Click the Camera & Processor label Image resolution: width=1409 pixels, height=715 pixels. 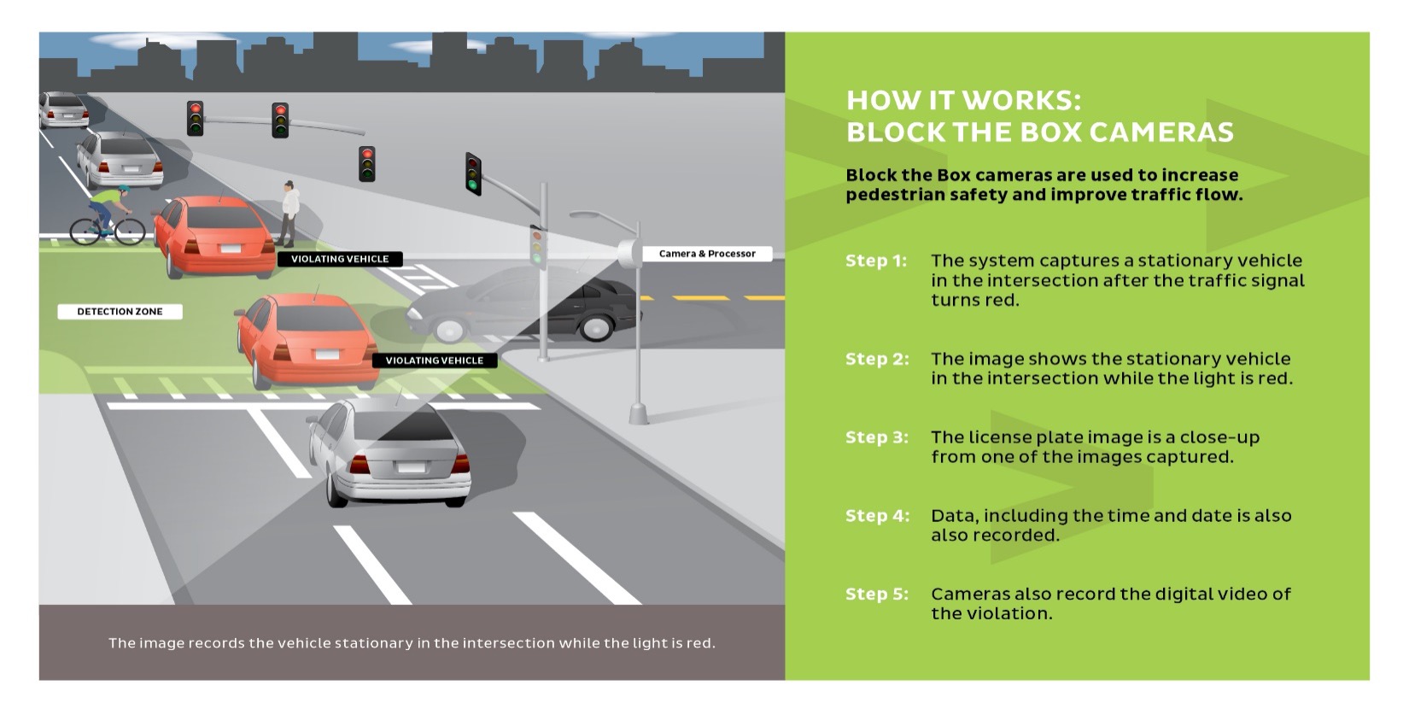pyautogui.click(x=706, y=254)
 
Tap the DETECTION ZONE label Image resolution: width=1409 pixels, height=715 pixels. pyautogui.click(x=120, y=312)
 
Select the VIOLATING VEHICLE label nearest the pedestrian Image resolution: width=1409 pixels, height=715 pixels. pyautogui.click(x=339, y=259)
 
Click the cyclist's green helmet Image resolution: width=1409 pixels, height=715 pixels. pyautogui.click(x=124, y=190)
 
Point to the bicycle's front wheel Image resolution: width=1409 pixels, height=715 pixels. pyautogui.click(x=130, y=231)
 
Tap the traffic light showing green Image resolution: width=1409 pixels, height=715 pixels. pyautogui.click(x=473, y=174)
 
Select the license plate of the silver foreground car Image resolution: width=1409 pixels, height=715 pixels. pyautogui.click(x=411, y=467)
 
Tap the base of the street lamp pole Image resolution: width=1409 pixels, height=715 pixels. pyautogui.click(x=639, y=414)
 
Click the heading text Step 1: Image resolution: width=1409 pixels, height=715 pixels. pyautogui.click(x=876, y=261)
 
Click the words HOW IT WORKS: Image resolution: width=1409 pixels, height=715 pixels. pyautogui.click(x=962, y=101)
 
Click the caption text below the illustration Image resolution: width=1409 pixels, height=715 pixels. pyautogui.click(x=412, y=643)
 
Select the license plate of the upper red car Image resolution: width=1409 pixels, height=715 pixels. pyautogui.click(x=231, y=249)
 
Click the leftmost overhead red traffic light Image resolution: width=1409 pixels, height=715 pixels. pyautogui.click(x=196, y=118)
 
